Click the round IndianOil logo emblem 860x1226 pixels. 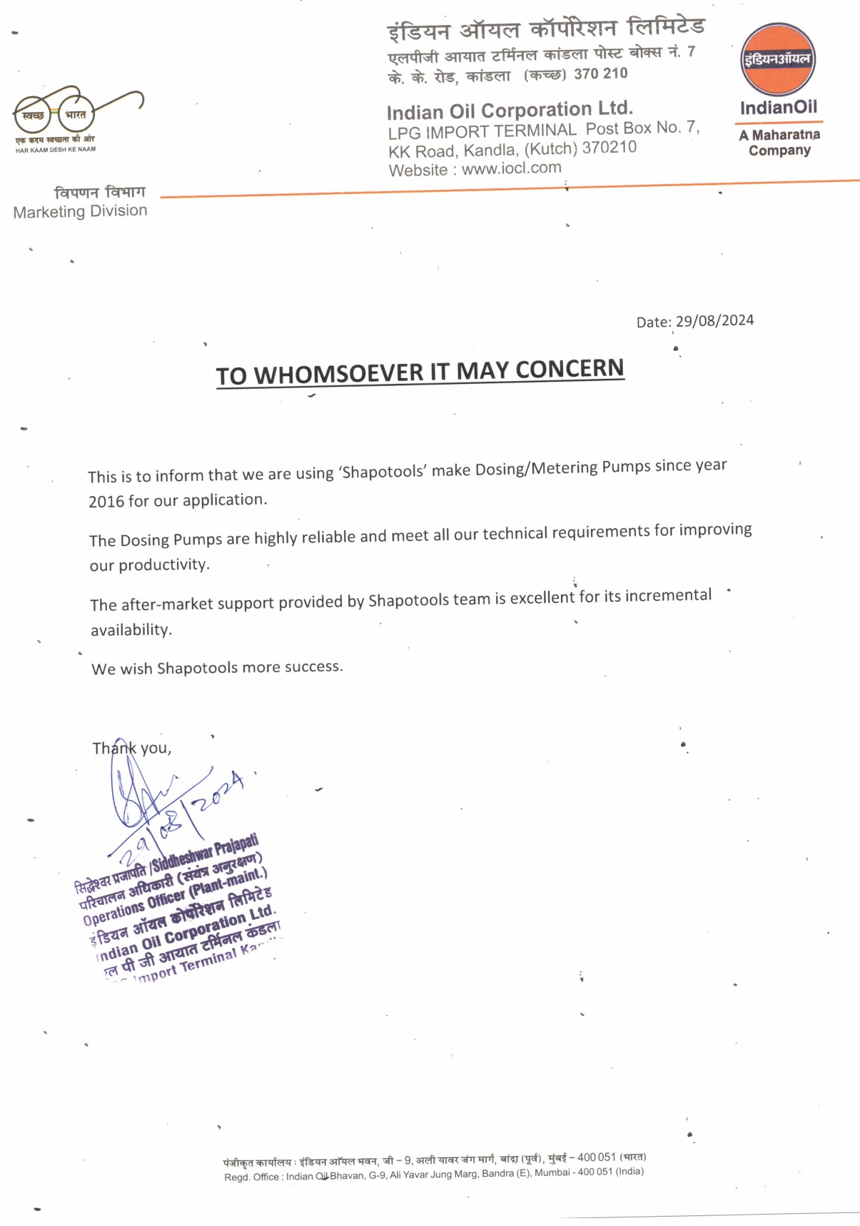pos(777,60)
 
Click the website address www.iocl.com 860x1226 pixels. pos(511,168)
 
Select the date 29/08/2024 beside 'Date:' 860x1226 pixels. pos(714,320)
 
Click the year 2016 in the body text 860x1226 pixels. pos(106,502)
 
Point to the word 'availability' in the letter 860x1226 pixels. pos(131,630)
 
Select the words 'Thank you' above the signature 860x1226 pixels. pos(131,748)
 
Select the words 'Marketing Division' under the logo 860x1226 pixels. pos(80,212)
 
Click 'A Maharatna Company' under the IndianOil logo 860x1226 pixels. pos(779,143)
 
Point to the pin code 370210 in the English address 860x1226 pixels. pos(609,148)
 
